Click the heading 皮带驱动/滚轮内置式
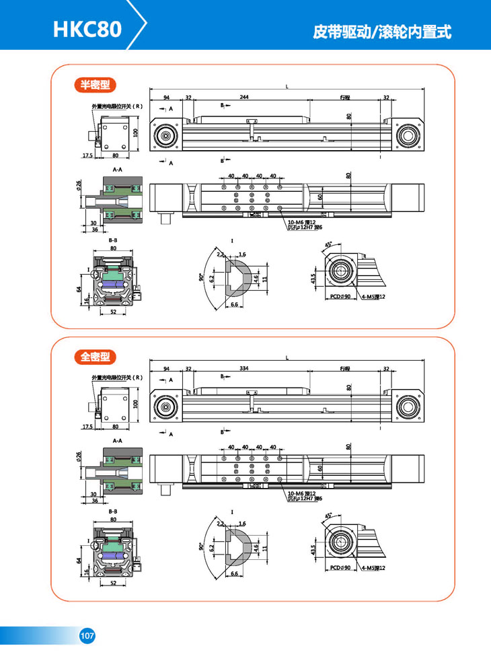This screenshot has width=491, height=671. point(382,32)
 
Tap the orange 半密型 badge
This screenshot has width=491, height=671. point(95,85)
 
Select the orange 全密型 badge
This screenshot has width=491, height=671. point(95,357)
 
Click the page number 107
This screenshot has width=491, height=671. point(87,635)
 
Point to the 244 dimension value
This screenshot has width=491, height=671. point(244,98)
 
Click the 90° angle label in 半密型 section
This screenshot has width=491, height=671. point(201,277)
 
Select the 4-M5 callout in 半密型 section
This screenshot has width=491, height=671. point(371,296)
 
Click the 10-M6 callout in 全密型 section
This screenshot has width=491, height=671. point(301,493)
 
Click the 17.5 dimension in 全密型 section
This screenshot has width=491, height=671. point(87,427)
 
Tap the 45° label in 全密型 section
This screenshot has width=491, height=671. point(328,516)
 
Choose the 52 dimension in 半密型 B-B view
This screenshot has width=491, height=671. point(113,312)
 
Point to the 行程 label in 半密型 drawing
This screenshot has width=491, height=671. point(345,98)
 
